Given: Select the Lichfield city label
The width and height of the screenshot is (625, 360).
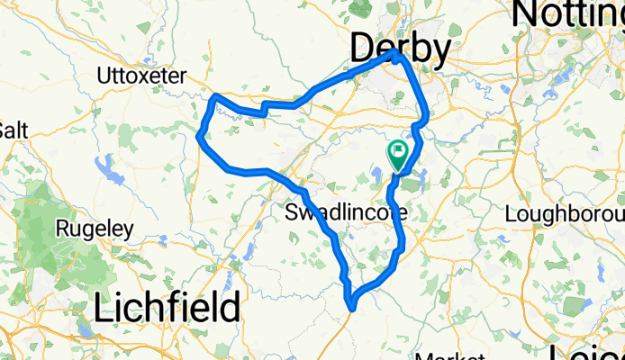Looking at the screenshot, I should coord(168,308).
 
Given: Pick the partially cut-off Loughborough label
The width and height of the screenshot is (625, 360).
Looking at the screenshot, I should coord(565,214).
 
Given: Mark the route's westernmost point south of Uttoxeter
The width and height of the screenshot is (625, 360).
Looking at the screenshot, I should coord(199,136).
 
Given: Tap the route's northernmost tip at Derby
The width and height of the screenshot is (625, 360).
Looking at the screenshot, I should coord(395,54).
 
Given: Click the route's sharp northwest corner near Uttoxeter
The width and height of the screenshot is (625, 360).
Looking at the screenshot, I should coord(214,95).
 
